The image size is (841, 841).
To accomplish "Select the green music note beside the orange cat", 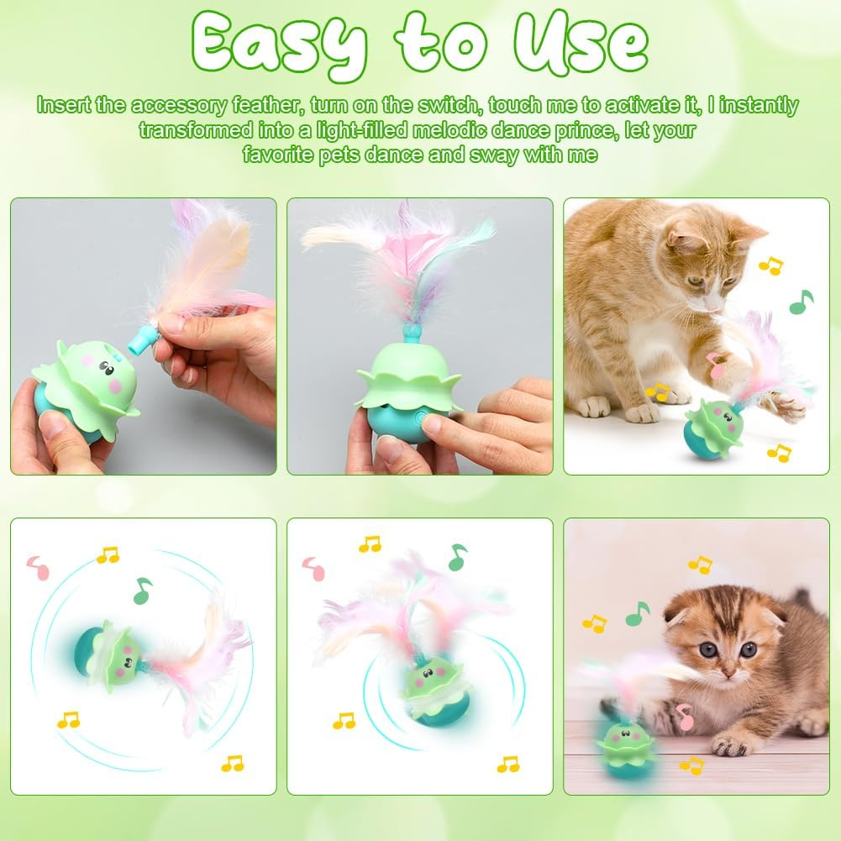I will pos(802,302).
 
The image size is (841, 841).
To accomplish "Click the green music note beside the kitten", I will pos(637,614).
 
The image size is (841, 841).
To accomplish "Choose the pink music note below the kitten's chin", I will pos(686,717).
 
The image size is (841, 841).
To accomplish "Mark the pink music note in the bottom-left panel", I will pos(37,569).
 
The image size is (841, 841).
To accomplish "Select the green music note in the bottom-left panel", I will pos(143,590).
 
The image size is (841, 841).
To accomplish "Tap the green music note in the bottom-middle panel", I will pos(457,556).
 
